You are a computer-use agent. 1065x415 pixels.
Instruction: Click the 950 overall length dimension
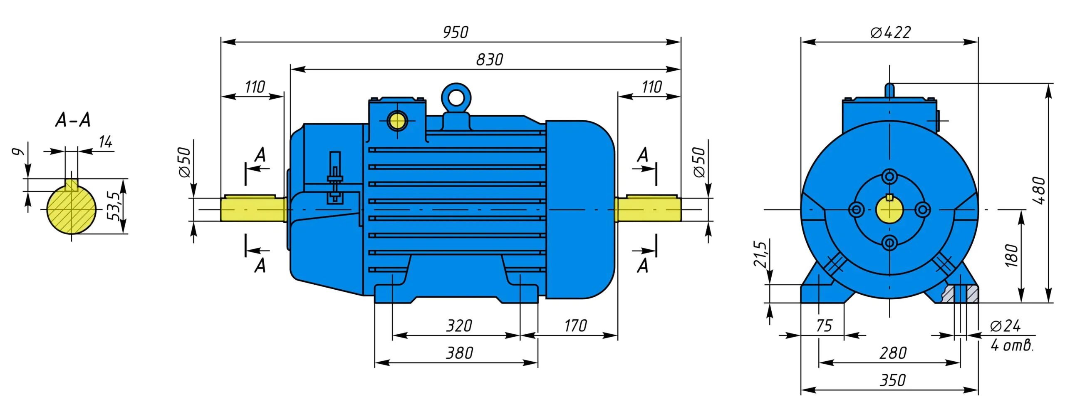456,32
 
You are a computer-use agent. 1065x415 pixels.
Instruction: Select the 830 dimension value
489,60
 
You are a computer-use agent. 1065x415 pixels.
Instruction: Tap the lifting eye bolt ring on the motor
456,99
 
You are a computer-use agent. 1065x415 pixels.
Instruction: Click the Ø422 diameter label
890,32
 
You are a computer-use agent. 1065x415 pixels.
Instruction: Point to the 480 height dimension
1039,190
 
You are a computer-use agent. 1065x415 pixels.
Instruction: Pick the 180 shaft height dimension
1011,255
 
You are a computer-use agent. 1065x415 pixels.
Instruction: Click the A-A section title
73,120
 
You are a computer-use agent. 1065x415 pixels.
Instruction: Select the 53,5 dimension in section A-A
113,206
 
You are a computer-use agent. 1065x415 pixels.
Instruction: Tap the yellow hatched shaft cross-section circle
71,209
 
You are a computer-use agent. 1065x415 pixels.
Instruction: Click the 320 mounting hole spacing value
459,326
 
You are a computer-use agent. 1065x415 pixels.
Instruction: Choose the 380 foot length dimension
459,353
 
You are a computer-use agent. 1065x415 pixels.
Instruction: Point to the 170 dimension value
575,326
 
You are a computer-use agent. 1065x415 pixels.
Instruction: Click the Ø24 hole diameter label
1005,326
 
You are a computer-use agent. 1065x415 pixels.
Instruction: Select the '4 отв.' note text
1012,345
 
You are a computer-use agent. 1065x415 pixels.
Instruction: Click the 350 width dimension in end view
892,380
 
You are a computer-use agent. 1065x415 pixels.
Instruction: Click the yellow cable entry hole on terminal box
397,121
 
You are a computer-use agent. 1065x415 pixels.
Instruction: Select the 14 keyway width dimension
106,142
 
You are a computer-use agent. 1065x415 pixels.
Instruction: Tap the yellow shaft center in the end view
889,210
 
